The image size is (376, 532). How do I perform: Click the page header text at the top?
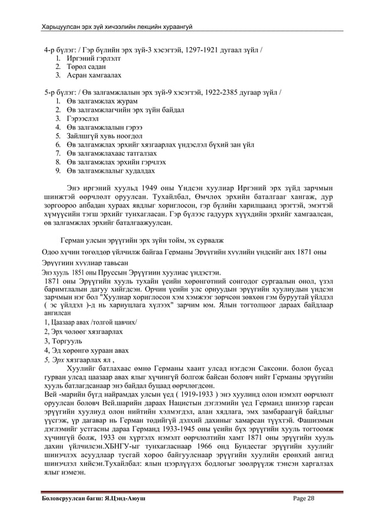pos(118,27)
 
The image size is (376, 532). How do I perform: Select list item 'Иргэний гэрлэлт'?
pos(91,59)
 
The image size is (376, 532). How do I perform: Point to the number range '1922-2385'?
pos(225,93)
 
